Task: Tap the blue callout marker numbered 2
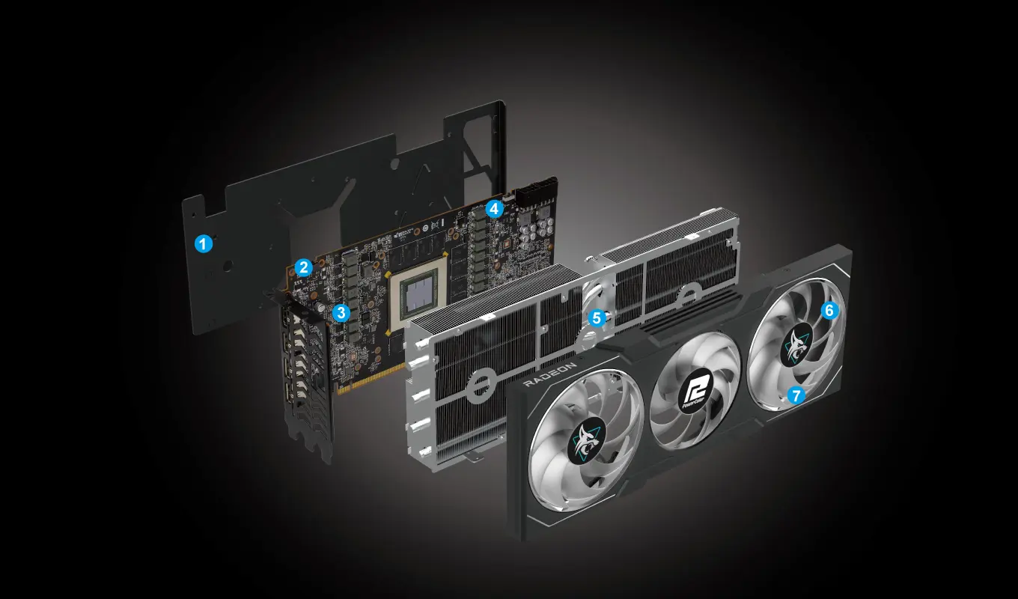tap(303, 267)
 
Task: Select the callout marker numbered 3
tap(341, 312)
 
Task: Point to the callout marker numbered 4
tap(493, 209)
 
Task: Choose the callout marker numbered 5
tap(596, 317)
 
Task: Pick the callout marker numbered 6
tap(829, 309)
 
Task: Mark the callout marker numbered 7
tap(796, 395)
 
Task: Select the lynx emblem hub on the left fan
tap(588, 442)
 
